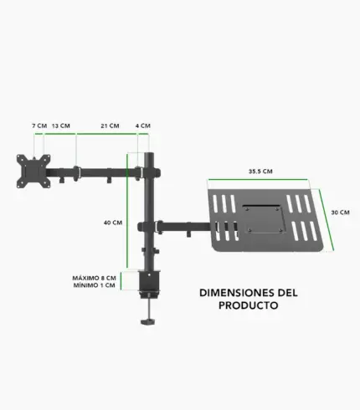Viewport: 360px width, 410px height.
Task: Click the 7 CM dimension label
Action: pyautogui.click(x=39, y=126)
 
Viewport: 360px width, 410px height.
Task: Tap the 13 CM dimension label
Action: pyautogui.click(x=61, y=126)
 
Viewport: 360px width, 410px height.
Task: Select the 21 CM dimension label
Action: pyautogui.click(x=110, y=126)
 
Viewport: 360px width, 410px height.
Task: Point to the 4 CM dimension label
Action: pyautogui.click(x=143, y=126)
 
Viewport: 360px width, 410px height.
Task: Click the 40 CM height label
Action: pyautogui.click(x=113, y=223)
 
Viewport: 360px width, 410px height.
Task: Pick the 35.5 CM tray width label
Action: pyautogui.click(x=260, y=172)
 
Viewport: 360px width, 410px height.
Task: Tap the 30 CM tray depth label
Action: pyautogui.click(x=340, y=213)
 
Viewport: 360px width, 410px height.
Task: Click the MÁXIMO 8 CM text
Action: pyautogui.click(x=94, y=278)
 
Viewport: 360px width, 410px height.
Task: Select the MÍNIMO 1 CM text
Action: pyautogui.click(x=95, y=285)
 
